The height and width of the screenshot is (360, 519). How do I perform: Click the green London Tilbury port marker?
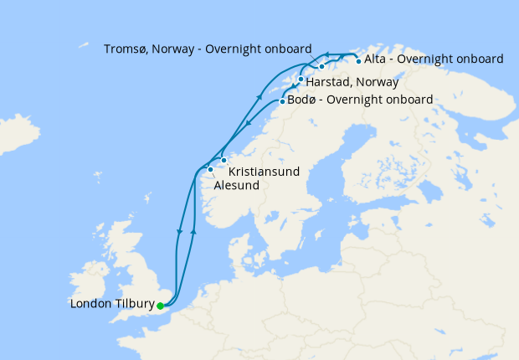point(160,306)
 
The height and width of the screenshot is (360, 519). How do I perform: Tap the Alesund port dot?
point(210,169)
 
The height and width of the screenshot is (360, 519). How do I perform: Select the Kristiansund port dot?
point(224,160)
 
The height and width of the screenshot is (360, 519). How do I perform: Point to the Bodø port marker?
point(282,101)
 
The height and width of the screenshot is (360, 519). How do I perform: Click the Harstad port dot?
point(301,80)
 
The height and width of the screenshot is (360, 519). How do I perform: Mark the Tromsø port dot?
point(321,66)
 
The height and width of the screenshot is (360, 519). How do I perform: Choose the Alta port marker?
point(358,60)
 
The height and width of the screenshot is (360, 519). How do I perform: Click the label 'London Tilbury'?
point(111,305)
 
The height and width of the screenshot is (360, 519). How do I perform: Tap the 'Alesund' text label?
point(236,185)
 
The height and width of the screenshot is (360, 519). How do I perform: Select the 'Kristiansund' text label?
point(264,171)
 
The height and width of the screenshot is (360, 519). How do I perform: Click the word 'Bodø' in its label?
point(304,100)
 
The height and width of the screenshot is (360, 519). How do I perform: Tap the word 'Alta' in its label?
point(377,59)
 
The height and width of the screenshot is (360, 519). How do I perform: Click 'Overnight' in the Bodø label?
point(355,100)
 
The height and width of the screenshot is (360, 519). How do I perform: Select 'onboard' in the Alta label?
point(480,59)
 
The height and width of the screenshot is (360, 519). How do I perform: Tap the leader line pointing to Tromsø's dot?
point(316,59)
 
